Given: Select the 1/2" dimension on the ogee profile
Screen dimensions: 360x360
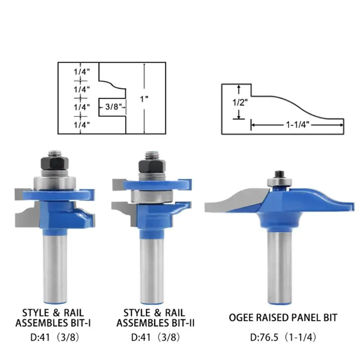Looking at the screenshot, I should [x=239, y=102].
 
